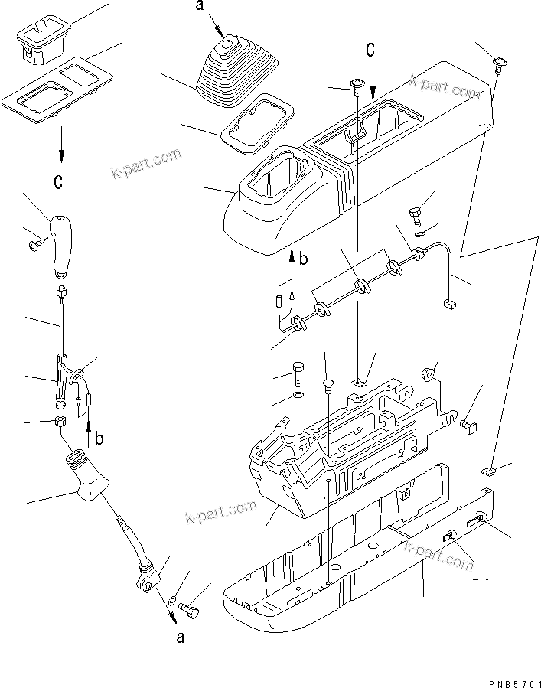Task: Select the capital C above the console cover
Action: (370, 51)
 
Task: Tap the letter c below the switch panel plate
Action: (59, 182)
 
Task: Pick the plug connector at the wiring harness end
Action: (449, 304)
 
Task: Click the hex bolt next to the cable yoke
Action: (188, 609)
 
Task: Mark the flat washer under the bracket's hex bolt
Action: (297, 397)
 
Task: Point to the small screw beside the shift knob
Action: (36, 244)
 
